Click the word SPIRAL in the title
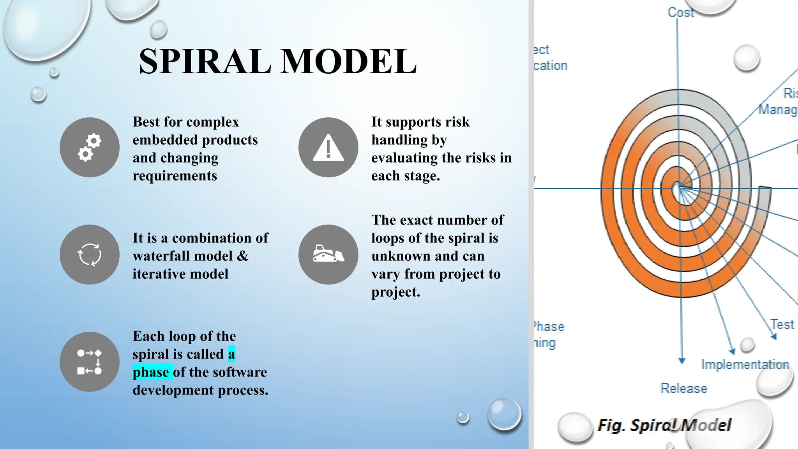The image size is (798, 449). tap(205, 61)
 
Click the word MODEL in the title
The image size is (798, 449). tap(349, 61)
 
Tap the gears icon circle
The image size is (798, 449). tap(90, 147)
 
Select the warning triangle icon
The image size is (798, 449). tap(328, 147)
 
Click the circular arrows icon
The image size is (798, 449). tap(90, 255)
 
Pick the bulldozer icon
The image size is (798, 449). tap(328, 255)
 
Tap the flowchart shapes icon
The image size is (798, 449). tap(90, 362)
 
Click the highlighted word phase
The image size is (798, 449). tap(151, 372)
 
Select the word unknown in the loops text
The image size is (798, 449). tap(401, 256)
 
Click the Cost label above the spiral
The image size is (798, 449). tap(681, 12)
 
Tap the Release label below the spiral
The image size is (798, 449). tap(684, 388)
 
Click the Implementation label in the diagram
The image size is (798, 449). tap(745, 364)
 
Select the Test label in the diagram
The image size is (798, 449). tap(782, 324)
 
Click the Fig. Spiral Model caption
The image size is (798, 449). tap(664, 425)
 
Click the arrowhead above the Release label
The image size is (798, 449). tap(681, 360)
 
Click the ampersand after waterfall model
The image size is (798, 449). tap(242, 256)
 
